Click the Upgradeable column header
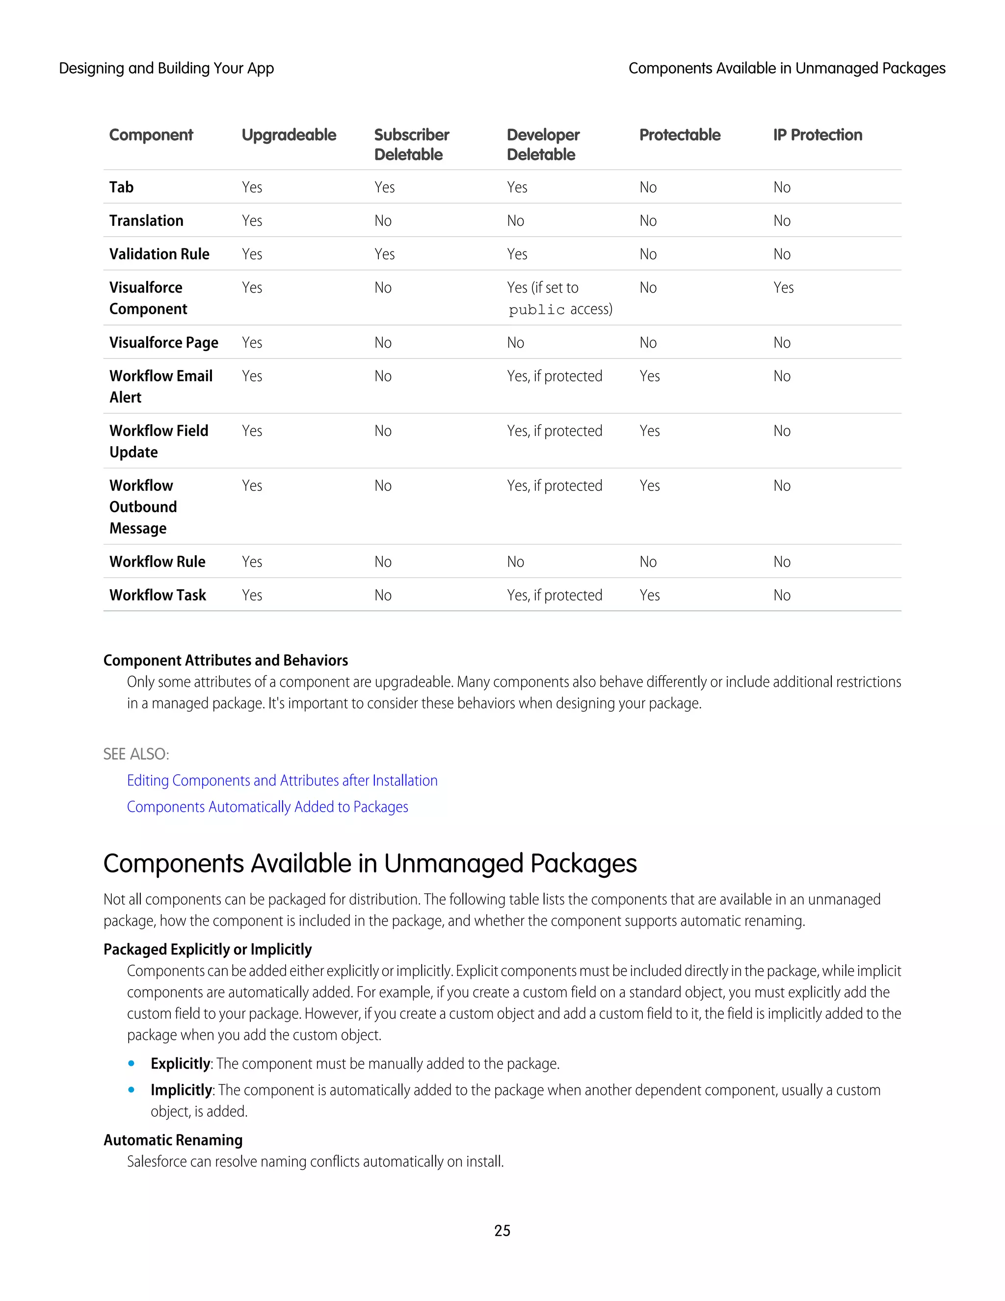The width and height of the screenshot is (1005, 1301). (289, 135)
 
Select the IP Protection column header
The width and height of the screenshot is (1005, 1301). (817, 135)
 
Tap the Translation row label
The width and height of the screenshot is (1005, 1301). (146, 221)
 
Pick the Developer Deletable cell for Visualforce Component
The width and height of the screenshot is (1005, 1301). (559, 298)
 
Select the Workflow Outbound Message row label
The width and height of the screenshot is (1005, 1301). (143, 507)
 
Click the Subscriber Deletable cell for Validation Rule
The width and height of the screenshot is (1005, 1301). (384, 254)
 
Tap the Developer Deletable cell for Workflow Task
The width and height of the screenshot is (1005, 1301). (555, 595)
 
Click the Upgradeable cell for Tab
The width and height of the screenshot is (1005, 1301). (252, 188)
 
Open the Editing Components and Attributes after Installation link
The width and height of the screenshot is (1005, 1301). (282, 781)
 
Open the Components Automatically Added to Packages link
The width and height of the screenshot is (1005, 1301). (267, 807)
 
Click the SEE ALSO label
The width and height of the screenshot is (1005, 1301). (136, 754)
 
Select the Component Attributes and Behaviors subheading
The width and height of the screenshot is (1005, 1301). (225, 661)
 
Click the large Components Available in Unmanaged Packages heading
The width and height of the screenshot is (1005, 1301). (370, 864)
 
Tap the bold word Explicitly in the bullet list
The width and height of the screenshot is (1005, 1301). (180, 1064)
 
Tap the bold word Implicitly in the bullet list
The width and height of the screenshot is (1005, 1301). (181, 1090)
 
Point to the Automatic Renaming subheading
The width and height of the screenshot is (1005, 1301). (173, 1140)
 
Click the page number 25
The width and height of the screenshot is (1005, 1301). (502, 1231)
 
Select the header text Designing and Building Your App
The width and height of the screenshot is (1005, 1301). (166, 69)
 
